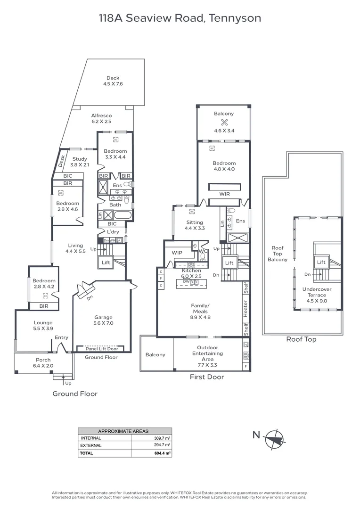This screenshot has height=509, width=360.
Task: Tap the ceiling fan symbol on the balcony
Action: click(x=224, y=122)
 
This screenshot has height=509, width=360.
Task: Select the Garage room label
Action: click(x=104, y=320)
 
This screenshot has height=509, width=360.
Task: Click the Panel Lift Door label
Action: click(x=101, y=349)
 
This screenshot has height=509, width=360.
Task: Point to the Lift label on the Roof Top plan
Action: click(x=321, y=262)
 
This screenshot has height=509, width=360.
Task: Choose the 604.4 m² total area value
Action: click(x=162, y=453)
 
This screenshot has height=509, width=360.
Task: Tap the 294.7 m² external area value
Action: click(x=162, y=445)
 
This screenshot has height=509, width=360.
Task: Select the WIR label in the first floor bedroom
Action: click(x=225, y=194)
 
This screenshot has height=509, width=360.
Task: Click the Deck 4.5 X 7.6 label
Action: click(x=113, y=81)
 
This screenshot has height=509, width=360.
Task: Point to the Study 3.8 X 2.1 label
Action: click(x=80, y=162)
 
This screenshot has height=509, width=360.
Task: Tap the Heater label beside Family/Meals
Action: click(x=245, y=308)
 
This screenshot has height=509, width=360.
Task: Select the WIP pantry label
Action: click(x=177, y=253)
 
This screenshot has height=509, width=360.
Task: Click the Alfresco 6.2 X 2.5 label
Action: click(x=101, y=118)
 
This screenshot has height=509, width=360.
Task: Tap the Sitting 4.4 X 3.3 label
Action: click(x=195, y=225)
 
